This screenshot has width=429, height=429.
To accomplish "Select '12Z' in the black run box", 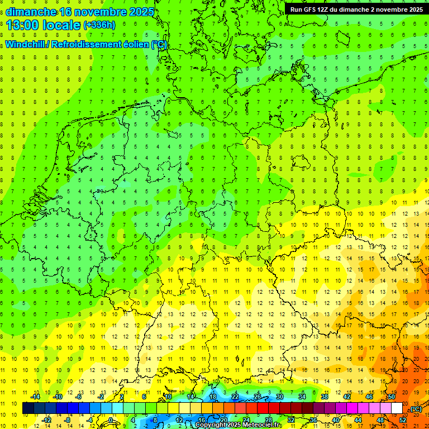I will coord(327,9).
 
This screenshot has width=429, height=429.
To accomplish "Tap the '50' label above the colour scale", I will coord(391,397).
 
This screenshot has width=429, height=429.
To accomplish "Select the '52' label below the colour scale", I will coord(402,420).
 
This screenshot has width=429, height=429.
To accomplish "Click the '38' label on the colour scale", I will coord(325,397).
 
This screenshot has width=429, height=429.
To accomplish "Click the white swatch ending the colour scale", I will coord(397,408).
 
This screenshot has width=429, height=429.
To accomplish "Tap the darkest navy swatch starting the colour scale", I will coord(28,408).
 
